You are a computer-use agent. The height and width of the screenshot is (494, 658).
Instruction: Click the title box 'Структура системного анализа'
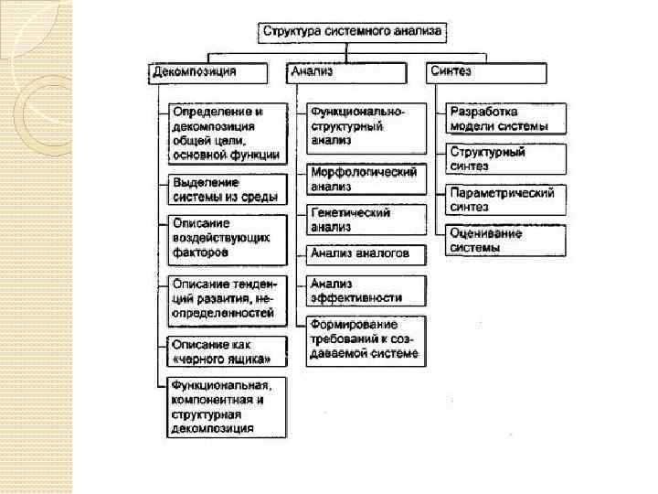click(353, 31)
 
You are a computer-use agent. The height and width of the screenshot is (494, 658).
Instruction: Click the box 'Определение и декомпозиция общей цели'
click(228, 133)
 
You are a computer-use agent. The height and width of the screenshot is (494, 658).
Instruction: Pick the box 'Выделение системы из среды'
click(228, 190)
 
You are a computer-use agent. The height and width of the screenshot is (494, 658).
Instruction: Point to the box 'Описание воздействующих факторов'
click(228, 237)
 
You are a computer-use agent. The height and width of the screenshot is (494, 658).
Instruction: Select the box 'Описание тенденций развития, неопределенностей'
click(228, 298)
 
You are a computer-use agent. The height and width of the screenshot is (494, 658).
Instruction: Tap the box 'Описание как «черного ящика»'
click(228, 351)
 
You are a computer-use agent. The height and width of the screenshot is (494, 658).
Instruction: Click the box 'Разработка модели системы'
click(506, 118)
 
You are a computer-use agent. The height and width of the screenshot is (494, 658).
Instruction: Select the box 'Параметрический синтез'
click(506, 199)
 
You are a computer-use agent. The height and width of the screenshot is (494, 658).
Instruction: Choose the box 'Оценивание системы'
click(506, 240)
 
